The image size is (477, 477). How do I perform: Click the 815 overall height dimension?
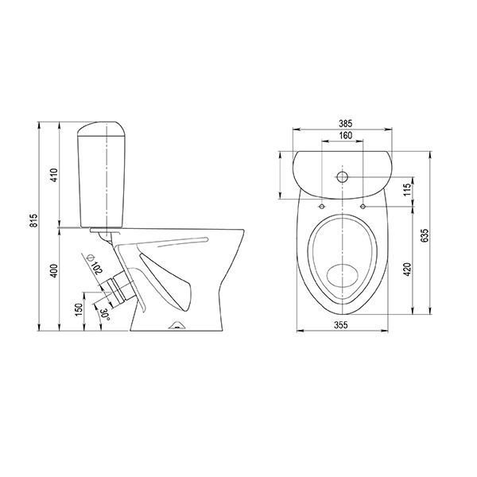click(x=35, y=220)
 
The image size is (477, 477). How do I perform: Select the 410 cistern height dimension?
click(x=54, y=175)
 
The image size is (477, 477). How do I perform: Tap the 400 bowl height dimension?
click(x=54, y=270)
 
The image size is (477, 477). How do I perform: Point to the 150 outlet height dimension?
click(x=79, y=309)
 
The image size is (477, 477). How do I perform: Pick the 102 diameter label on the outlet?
click(x=98, y=268)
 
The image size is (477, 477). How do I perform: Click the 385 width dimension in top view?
click(x=346, y=123)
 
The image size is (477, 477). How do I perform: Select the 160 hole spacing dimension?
click(x=346, y=135)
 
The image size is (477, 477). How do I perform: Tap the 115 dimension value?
click(x=408, y=190)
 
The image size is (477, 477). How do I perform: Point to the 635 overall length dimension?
click(x=425, y=235)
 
